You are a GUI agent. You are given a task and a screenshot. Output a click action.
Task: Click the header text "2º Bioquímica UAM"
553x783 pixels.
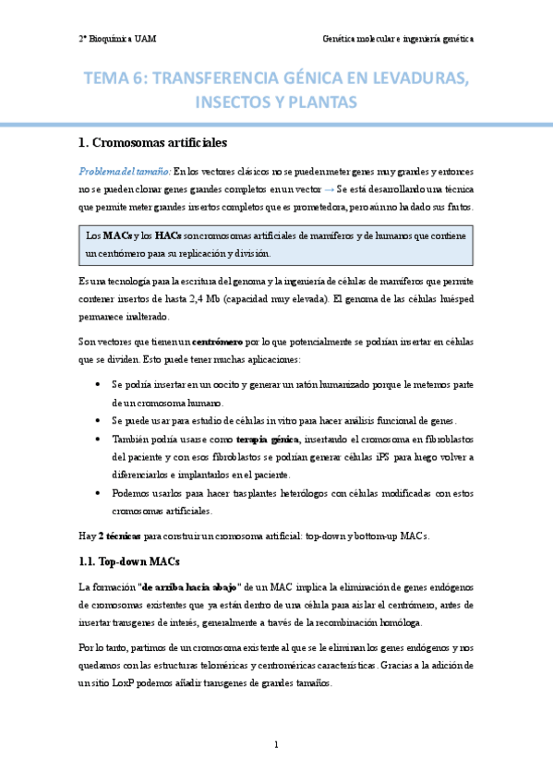point(116,40)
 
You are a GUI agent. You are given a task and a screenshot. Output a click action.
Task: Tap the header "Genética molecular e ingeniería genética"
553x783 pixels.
point(398,40)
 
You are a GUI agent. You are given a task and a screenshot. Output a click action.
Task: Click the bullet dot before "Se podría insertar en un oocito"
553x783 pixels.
point(99,383)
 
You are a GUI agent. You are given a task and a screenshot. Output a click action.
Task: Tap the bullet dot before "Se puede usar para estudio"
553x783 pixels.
point(99,419)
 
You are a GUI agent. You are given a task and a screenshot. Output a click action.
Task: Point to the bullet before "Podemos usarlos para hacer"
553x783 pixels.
point(99,492)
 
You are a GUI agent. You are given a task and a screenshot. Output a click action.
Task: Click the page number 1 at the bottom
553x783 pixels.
point(276,744)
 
